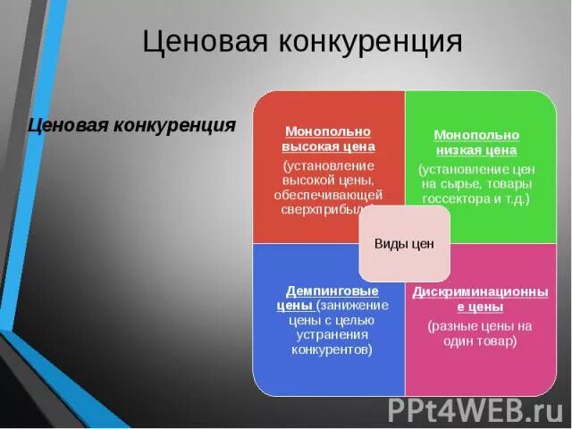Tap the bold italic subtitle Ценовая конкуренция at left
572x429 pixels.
click(131, 125)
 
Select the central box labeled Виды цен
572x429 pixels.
click(404, 244)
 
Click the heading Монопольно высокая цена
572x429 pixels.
click(329, 139)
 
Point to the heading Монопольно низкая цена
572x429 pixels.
click(476, 142)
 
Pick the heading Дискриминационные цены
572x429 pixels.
click(480, 299)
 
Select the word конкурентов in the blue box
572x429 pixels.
click(332, 349)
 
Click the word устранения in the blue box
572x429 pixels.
click(332, 335)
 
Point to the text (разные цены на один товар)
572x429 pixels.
click(480, 333)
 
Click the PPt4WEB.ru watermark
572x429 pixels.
click(475, 409)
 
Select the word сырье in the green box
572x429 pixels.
click(466, 183)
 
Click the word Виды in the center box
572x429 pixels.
click(389, 244)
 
